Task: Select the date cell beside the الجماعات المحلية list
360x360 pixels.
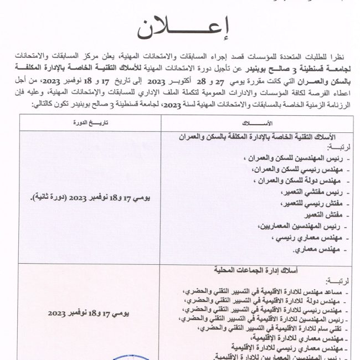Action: (89, 313)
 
